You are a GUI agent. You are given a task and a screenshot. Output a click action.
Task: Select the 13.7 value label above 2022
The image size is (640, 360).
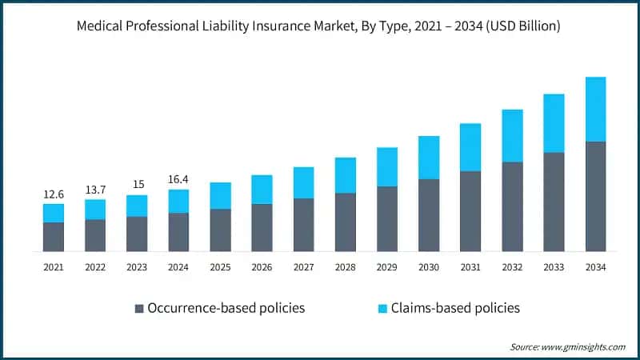click(x=95, y=189)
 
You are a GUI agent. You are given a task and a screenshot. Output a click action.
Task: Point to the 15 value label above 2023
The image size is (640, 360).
click(x=137, y=184)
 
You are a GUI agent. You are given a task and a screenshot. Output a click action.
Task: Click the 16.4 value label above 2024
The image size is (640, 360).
click(x=178, y=179)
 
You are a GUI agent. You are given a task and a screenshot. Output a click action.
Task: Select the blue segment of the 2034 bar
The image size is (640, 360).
click(x=595, y=110)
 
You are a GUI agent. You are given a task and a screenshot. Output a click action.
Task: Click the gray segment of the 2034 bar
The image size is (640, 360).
click(x=595, y=196)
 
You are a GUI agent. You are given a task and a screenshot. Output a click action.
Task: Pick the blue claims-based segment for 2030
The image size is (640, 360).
click(x=429, y=158)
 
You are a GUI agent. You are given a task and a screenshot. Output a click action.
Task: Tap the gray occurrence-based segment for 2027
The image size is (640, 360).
click(x=304, y=225)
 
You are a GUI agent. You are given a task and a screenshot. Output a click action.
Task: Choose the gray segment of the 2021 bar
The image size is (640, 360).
click(x=54, y=237)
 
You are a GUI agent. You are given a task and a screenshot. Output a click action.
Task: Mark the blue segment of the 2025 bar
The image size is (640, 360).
click(x=221, y=196)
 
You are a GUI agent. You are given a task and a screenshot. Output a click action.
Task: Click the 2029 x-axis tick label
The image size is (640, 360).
click(x=387, y=267)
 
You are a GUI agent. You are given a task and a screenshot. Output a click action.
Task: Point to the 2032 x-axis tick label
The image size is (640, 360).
click(x=512, y=267)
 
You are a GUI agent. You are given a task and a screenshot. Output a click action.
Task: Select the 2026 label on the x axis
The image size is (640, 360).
click(x=262, y=267)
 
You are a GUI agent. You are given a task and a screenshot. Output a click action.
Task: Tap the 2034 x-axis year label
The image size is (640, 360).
click(x=595, y=267)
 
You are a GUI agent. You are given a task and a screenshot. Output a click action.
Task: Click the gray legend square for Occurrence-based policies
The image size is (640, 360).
click(x=139, y=308)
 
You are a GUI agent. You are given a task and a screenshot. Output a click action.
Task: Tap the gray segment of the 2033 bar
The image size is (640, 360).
click(x=554, y=202)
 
